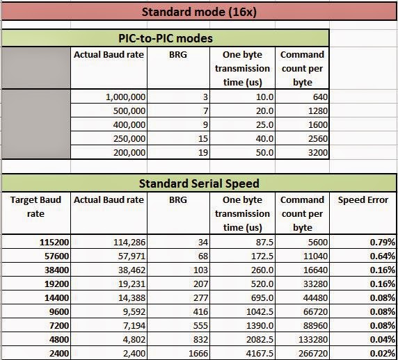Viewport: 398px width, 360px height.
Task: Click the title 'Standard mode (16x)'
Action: [x=198, y=12]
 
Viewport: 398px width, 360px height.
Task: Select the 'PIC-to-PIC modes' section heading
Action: [x=164, y=38]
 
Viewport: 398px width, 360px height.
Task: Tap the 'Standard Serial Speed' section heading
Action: [x=199, y=183]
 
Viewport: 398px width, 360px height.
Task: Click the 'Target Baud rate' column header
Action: [x=35, y=206]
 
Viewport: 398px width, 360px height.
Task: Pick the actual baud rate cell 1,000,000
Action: [x=125, y=98]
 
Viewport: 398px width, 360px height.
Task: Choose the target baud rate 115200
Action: [x=45, y=243]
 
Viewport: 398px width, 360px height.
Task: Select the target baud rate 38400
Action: [x=48, y=270]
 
